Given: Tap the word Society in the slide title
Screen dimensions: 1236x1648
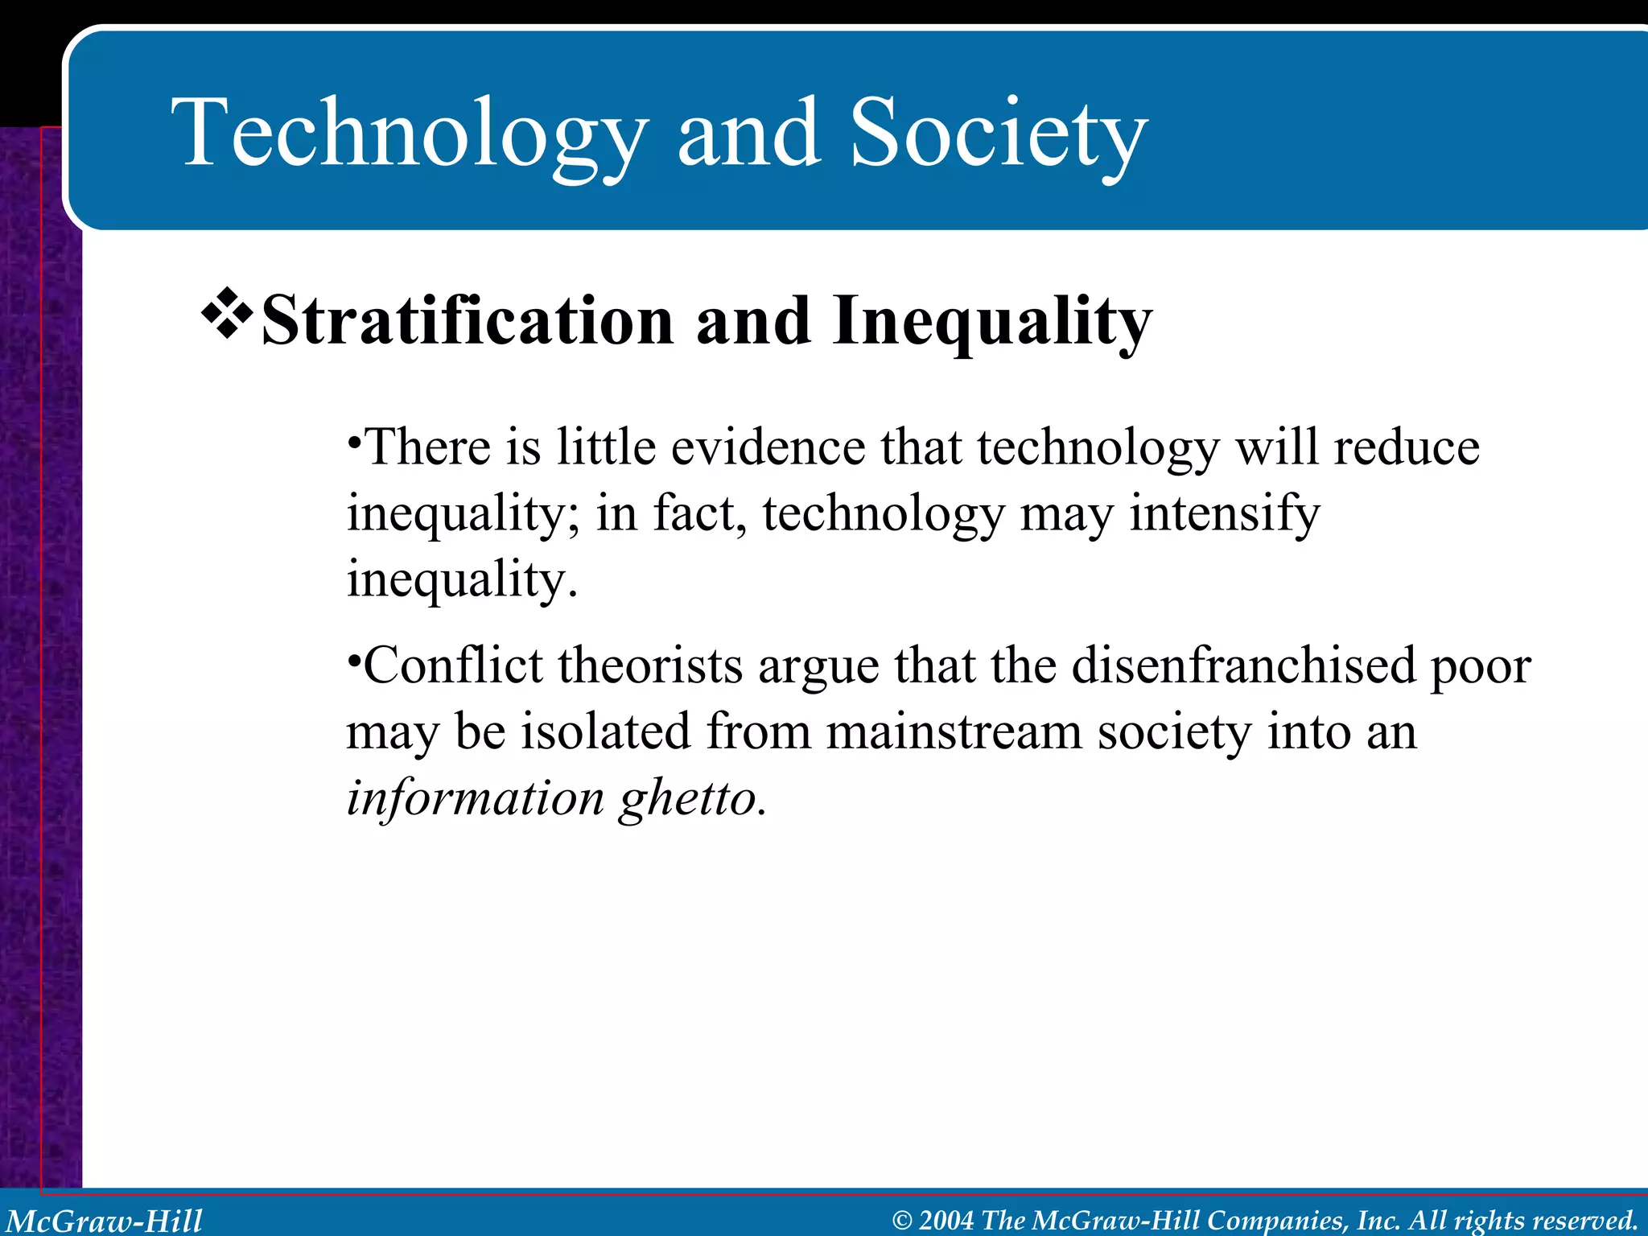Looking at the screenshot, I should [998, 133].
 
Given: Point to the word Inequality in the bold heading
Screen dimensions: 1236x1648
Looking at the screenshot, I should [992, 322].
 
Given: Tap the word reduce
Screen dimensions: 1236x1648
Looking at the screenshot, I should [1406, 447].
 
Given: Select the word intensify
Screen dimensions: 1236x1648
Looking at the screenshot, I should [1224, 513].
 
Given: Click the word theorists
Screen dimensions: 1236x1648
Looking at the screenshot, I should [650, 666].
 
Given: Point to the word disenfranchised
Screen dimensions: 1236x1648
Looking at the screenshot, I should [1243, 666].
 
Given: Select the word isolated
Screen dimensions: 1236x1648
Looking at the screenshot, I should [605, 732].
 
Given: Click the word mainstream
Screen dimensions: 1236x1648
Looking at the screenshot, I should [954, 732].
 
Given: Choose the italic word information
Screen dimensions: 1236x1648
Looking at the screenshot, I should [475, 798].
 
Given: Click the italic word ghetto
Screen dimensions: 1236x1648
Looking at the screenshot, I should [691, 798].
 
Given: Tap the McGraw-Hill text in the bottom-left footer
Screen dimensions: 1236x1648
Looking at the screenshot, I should [105, 1221].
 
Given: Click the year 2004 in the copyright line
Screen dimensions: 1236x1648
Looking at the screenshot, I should [946, 1221].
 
